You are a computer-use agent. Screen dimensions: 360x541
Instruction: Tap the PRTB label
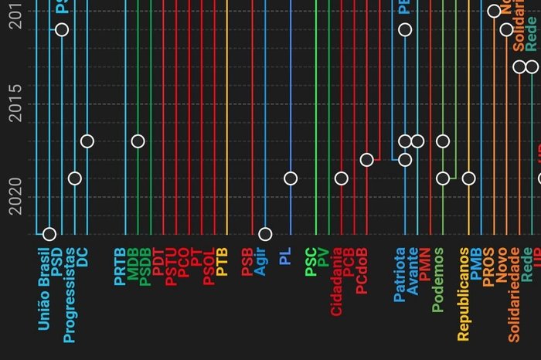120,267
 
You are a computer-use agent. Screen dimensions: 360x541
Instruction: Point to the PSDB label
145,267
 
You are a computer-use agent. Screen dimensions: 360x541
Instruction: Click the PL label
285,256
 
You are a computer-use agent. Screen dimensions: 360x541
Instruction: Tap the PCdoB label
362,270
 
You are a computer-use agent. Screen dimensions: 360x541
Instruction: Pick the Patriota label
400,274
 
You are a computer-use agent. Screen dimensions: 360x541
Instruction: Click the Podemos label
438,280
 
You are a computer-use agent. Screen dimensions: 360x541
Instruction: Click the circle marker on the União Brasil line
49,234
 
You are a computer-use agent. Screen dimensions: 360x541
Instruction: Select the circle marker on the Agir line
265,234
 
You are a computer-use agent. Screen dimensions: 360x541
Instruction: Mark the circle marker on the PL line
291,178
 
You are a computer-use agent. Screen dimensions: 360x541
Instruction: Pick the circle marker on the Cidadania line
341,178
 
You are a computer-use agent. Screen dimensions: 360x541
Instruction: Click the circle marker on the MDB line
138,141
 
